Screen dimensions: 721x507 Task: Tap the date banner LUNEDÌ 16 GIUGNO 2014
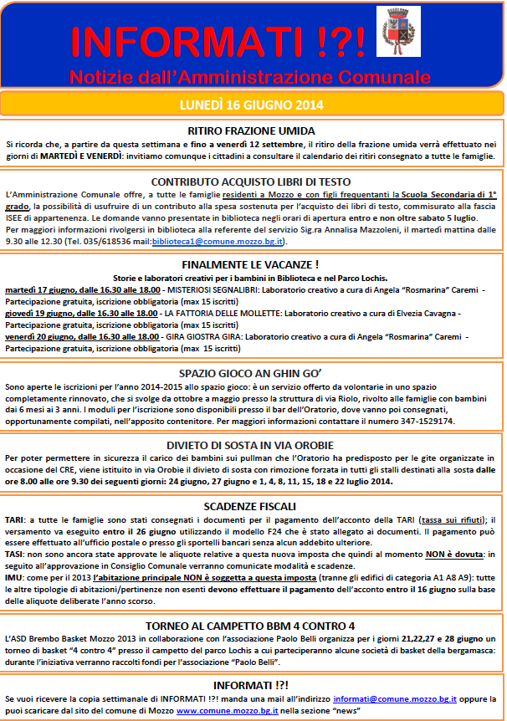click(x=251, y=105)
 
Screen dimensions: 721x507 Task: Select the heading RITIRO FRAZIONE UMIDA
click(x=251, y=130)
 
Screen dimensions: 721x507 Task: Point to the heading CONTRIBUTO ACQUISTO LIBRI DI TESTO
click(x=251, y=181)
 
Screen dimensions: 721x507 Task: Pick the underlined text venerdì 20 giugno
click(x=38, y=335)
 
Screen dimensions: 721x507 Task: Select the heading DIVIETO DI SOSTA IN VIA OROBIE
click(x=251, y=445)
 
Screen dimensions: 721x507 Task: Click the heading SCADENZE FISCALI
click(x=251, y=506)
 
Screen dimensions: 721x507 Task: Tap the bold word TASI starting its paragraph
click(x=15, y=553)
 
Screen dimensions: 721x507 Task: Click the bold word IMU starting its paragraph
click(x=15, y=576)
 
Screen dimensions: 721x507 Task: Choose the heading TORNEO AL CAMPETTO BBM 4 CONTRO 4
click(x=251, y=625)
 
